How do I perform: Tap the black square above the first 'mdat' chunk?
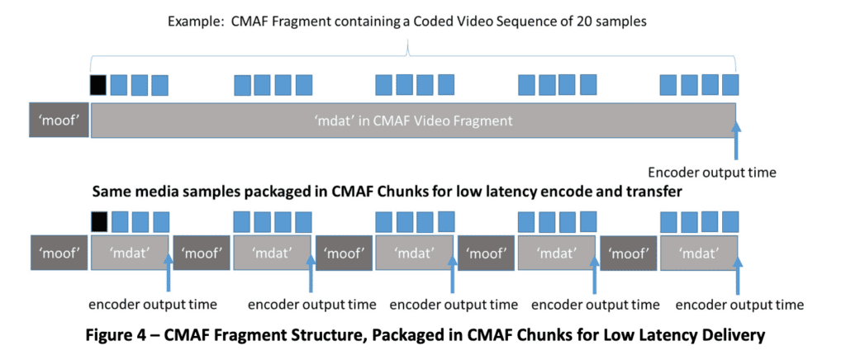(99, 221)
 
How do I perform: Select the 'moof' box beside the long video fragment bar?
(59, 121)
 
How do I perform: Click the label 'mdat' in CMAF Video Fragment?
(413, 121)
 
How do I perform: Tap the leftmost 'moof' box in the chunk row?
(59, 251)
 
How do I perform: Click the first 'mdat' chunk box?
(129, 251)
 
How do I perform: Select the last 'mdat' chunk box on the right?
(699, 251)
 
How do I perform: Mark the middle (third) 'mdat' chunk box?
(414, 251)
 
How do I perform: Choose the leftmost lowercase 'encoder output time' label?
(153, 305)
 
